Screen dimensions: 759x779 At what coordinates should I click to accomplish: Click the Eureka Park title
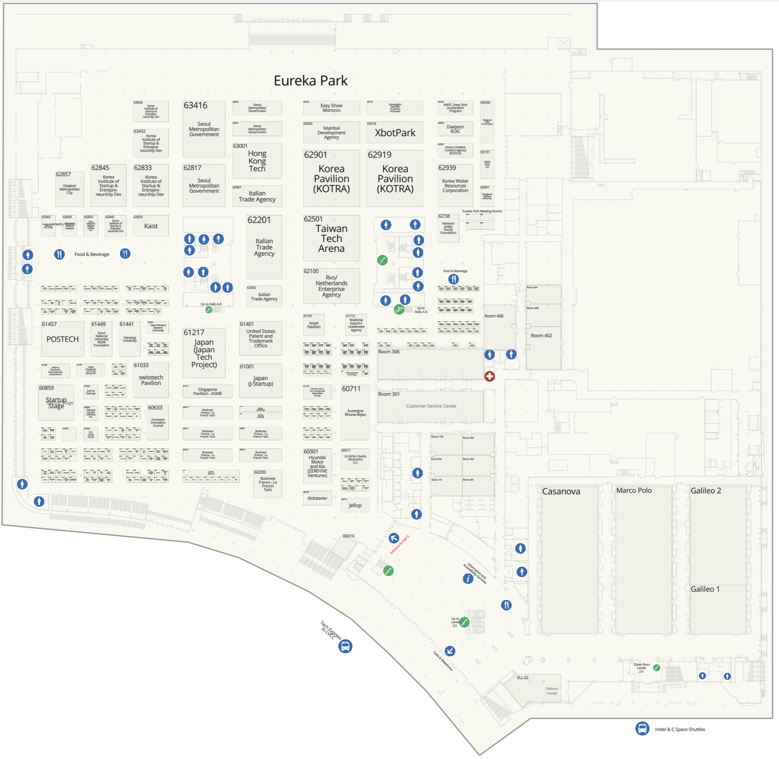[x=311, y=81]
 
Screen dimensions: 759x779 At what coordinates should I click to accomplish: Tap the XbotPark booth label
[x=395, y=133]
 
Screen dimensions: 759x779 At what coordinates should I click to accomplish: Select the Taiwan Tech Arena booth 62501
[x=331, y=239]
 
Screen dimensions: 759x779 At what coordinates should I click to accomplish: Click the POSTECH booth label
[x=63, y=339]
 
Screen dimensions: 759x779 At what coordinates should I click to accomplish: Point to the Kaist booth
[x=151, y=226]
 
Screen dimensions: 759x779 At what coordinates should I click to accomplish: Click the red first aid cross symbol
[x=489, y=376]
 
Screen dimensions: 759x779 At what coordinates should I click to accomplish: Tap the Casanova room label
[x=561, y=491]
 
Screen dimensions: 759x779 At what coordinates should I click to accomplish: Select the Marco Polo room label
[x=634, y=490]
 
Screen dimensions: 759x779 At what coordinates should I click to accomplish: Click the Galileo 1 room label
[x=705, y=589]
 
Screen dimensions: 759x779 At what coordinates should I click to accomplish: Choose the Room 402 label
[x=541, y=336]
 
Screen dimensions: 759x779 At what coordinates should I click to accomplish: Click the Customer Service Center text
[x=431, y=406]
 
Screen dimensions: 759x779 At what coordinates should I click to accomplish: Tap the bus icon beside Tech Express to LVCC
[x=345, y=646]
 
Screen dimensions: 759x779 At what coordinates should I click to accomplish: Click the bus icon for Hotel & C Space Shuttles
[x=642, y=728]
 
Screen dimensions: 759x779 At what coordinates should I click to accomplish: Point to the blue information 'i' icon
[x=468, y=579]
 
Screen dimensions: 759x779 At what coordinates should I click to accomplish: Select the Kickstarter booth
[x=317, y=498]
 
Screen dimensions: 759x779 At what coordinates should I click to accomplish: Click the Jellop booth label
[x=355, y=505]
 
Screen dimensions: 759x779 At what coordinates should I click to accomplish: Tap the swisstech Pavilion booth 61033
[x=151, y=380]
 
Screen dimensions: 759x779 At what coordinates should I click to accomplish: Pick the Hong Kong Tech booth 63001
[x=257, y=161]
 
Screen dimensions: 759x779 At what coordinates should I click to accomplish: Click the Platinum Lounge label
[x=551, y=691]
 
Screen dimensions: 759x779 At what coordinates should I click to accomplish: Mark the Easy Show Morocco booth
[x=331, y=108]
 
